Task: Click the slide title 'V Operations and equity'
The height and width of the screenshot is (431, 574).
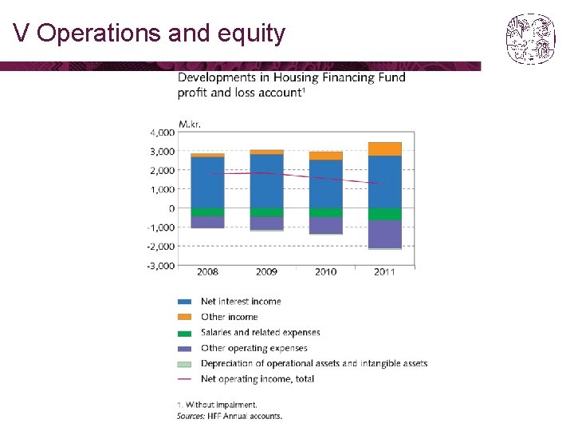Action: point(149,34)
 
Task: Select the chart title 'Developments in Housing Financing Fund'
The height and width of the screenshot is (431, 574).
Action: point(291,77)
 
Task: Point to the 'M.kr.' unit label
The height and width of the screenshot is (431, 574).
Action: point(190,124)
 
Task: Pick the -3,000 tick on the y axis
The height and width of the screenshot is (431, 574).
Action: point(160,266)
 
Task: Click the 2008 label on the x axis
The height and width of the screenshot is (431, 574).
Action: point(207,272)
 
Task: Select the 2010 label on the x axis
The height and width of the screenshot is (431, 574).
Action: point(325,272)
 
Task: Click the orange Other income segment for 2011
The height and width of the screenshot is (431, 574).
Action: point(384,149)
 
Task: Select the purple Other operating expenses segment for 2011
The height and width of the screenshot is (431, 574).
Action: point(384,234)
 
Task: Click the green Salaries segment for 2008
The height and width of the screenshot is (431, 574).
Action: point(207,212)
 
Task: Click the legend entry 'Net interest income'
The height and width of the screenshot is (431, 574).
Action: point(241,301)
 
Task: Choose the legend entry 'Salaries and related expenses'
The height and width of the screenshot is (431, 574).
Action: point(260,332)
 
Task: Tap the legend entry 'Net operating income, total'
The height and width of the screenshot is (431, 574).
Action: point(257,378)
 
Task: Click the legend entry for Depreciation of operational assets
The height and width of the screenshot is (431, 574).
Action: point(313,363)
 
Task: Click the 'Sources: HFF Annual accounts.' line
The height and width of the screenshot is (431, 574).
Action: point(229,416)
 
